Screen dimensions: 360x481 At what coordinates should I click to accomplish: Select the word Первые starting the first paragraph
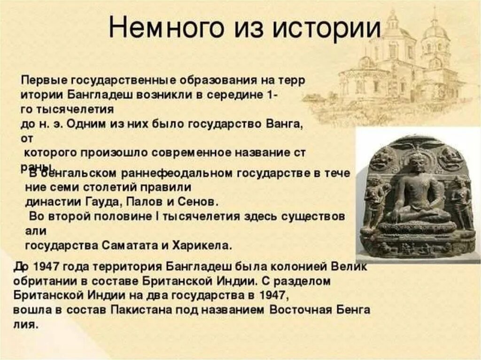41,80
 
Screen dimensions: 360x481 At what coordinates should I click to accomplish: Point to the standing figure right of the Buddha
461,199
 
